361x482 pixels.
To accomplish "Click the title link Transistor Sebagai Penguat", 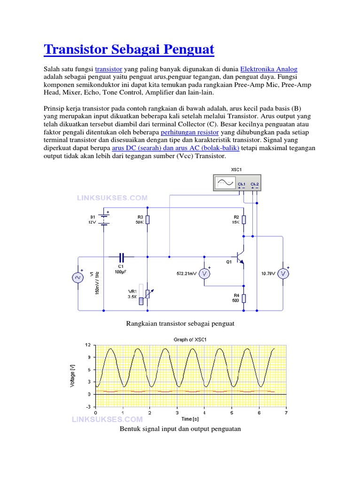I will tap(129, 49).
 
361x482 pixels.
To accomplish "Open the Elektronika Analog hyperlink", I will tap(268, 68).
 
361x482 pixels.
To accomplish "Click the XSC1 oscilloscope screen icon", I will tap(224, 183).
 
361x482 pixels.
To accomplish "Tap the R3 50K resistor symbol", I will tap(148, 220).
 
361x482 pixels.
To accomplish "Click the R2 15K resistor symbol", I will tap(243, 220).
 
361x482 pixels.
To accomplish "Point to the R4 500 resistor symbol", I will tap(243, 297).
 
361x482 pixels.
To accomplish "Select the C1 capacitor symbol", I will tap(121, 257).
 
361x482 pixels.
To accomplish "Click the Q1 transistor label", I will tap(228, 262).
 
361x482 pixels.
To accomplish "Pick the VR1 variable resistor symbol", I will tap(148, 294).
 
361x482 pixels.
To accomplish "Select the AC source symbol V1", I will tap(77, 278).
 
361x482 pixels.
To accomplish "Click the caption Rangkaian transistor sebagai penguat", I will tap(180, 324).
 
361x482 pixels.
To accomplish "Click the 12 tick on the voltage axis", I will tap(87, 345).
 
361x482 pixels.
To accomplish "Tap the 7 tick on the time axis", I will tap(286, 413).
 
